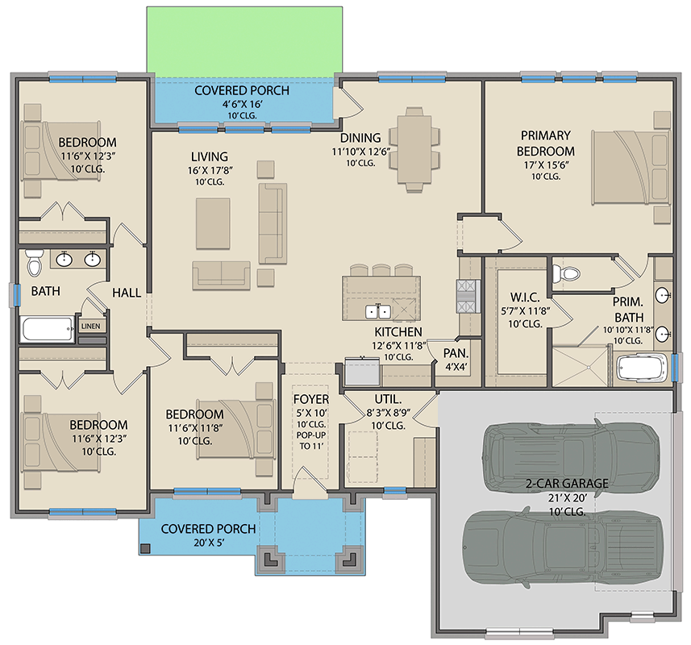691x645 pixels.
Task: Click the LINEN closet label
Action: tap(91, 327)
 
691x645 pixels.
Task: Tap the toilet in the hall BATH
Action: tap(35, 263)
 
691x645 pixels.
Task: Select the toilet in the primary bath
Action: tap(565, 273)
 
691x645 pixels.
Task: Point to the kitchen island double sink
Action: tap(378, 312)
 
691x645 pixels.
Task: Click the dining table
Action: tap(414, 149)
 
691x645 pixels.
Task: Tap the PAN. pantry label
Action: tap(456, 353)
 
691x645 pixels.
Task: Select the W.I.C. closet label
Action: tap(525, 298)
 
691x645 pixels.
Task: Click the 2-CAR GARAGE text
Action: tap(567, 483)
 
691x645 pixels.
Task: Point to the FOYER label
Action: tap(311, 399)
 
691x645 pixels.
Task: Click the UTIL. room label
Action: tap(389, 399)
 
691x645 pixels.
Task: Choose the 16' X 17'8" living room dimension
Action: tap(210, 170)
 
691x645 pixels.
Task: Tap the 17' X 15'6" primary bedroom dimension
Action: tap(546, 164)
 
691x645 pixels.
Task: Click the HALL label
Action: tap(127, 293)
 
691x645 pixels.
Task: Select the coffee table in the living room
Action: tap(213, 223)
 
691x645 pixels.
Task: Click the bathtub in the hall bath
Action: tap(48, 329)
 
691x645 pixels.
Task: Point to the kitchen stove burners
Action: tap(467, 297)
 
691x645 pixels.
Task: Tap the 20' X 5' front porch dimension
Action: tap(209, 543)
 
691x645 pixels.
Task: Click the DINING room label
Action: tap(360, 138)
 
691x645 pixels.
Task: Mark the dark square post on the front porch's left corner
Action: tap(145, 548)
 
